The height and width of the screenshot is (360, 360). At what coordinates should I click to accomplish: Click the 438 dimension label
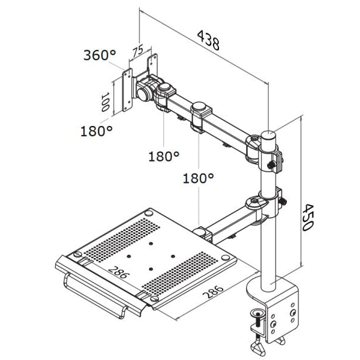tap(208, 40)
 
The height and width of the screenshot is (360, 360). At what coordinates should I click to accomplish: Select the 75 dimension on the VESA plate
tap(137, 51)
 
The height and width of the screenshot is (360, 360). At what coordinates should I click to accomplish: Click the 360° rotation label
tap(100, 55)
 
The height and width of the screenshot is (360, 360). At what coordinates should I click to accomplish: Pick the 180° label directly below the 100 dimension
tap(96, 130)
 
